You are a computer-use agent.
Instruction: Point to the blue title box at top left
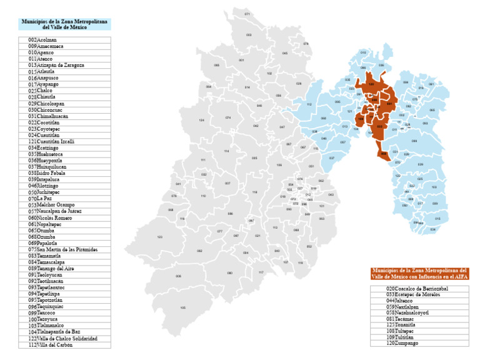65,24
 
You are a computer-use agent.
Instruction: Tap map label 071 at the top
247,14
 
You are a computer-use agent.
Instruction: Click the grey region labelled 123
160,237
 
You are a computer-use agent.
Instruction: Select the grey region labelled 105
182,307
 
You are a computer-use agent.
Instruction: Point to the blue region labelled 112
309,104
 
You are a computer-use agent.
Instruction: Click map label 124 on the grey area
201,120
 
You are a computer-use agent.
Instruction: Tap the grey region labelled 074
228,117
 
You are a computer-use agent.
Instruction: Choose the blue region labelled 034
432,229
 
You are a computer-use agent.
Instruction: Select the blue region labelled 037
332,158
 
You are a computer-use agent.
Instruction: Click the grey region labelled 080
230,273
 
